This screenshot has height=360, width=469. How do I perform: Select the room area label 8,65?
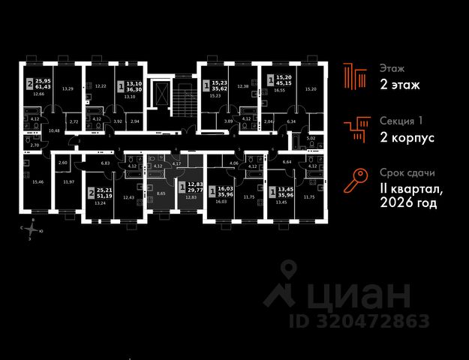click(161, 193)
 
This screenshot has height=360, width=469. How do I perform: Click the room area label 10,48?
click(54, 130)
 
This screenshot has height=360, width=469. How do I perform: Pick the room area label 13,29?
click(67, 88)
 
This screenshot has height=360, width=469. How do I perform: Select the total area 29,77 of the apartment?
click(194, 191)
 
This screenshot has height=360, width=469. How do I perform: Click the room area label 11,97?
click(69, 182)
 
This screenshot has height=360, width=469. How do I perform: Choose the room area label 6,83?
click(105, 162)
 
